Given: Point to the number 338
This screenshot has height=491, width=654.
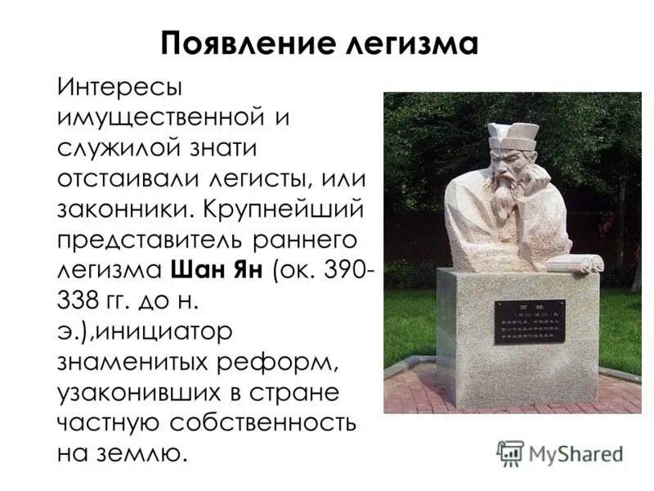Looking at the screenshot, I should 78,300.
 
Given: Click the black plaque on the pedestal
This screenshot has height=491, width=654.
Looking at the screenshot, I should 529,322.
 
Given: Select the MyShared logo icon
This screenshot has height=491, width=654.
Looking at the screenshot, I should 509,453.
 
